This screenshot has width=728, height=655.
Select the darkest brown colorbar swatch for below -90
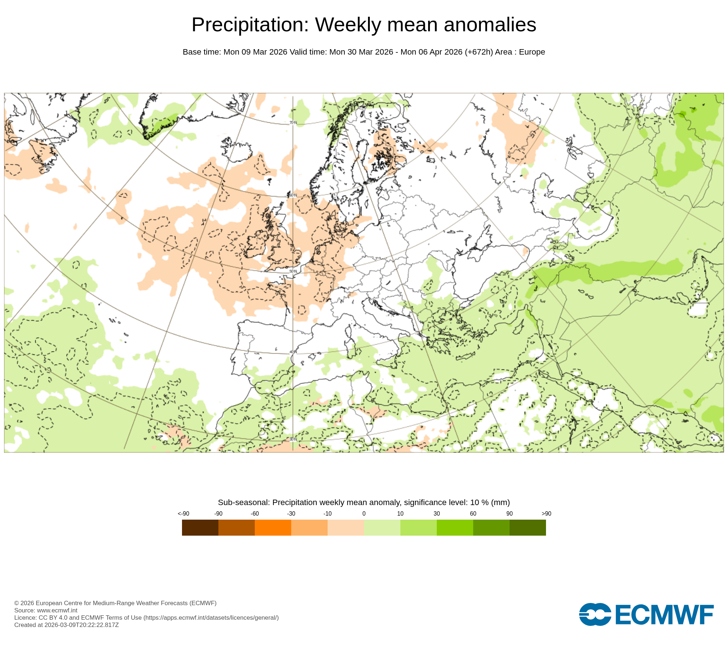tap(200, 527)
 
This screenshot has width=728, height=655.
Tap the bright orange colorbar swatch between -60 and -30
tap(273, 527)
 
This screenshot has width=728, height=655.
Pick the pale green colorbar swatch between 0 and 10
tap(382, 527)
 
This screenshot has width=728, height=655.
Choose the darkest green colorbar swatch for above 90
tap(528, 527)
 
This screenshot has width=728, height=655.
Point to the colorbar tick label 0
tap(364, 513)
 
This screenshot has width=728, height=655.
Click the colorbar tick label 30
tap(437, 513)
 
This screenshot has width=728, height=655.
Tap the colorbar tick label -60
tap(255, 513)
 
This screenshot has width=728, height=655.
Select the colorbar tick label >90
tap(546, 513)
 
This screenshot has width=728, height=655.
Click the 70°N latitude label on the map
tap(293, 123)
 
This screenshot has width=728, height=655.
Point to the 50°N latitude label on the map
tap(293, 271)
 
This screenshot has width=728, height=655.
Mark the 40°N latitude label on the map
tap(293, 352)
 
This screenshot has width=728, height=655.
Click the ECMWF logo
tap(646, 615)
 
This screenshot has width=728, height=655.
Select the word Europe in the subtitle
tap(532, 52)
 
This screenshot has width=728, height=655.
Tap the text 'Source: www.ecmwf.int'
tap(46, 610)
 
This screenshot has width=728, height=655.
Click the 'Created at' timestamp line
tap(67, 625)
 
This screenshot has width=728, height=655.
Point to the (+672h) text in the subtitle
tap(479, 52)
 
